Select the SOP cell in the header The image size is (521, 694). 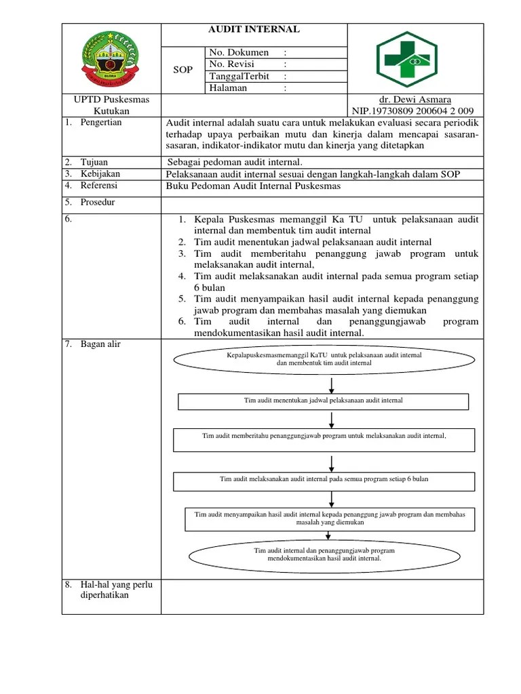(183, 70)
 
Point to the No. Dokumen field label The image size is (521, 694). (239, 52)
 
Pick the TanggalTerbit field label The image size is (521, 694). (240, 76)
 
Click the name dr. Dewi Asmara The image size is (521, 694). (414, 100)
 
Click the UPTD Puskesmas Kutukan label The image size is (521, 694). (111, 105)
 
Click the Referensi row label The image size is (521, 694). (98, 186)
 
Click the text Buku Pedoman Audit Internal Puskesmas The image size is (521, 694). (253, 186)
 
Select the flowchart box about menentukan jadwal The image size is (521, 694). (323, 401)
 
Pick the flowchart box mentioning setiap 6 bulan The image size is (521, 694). (324, 480)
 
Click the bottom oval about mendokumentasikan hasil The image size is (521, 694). (324, 554)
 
